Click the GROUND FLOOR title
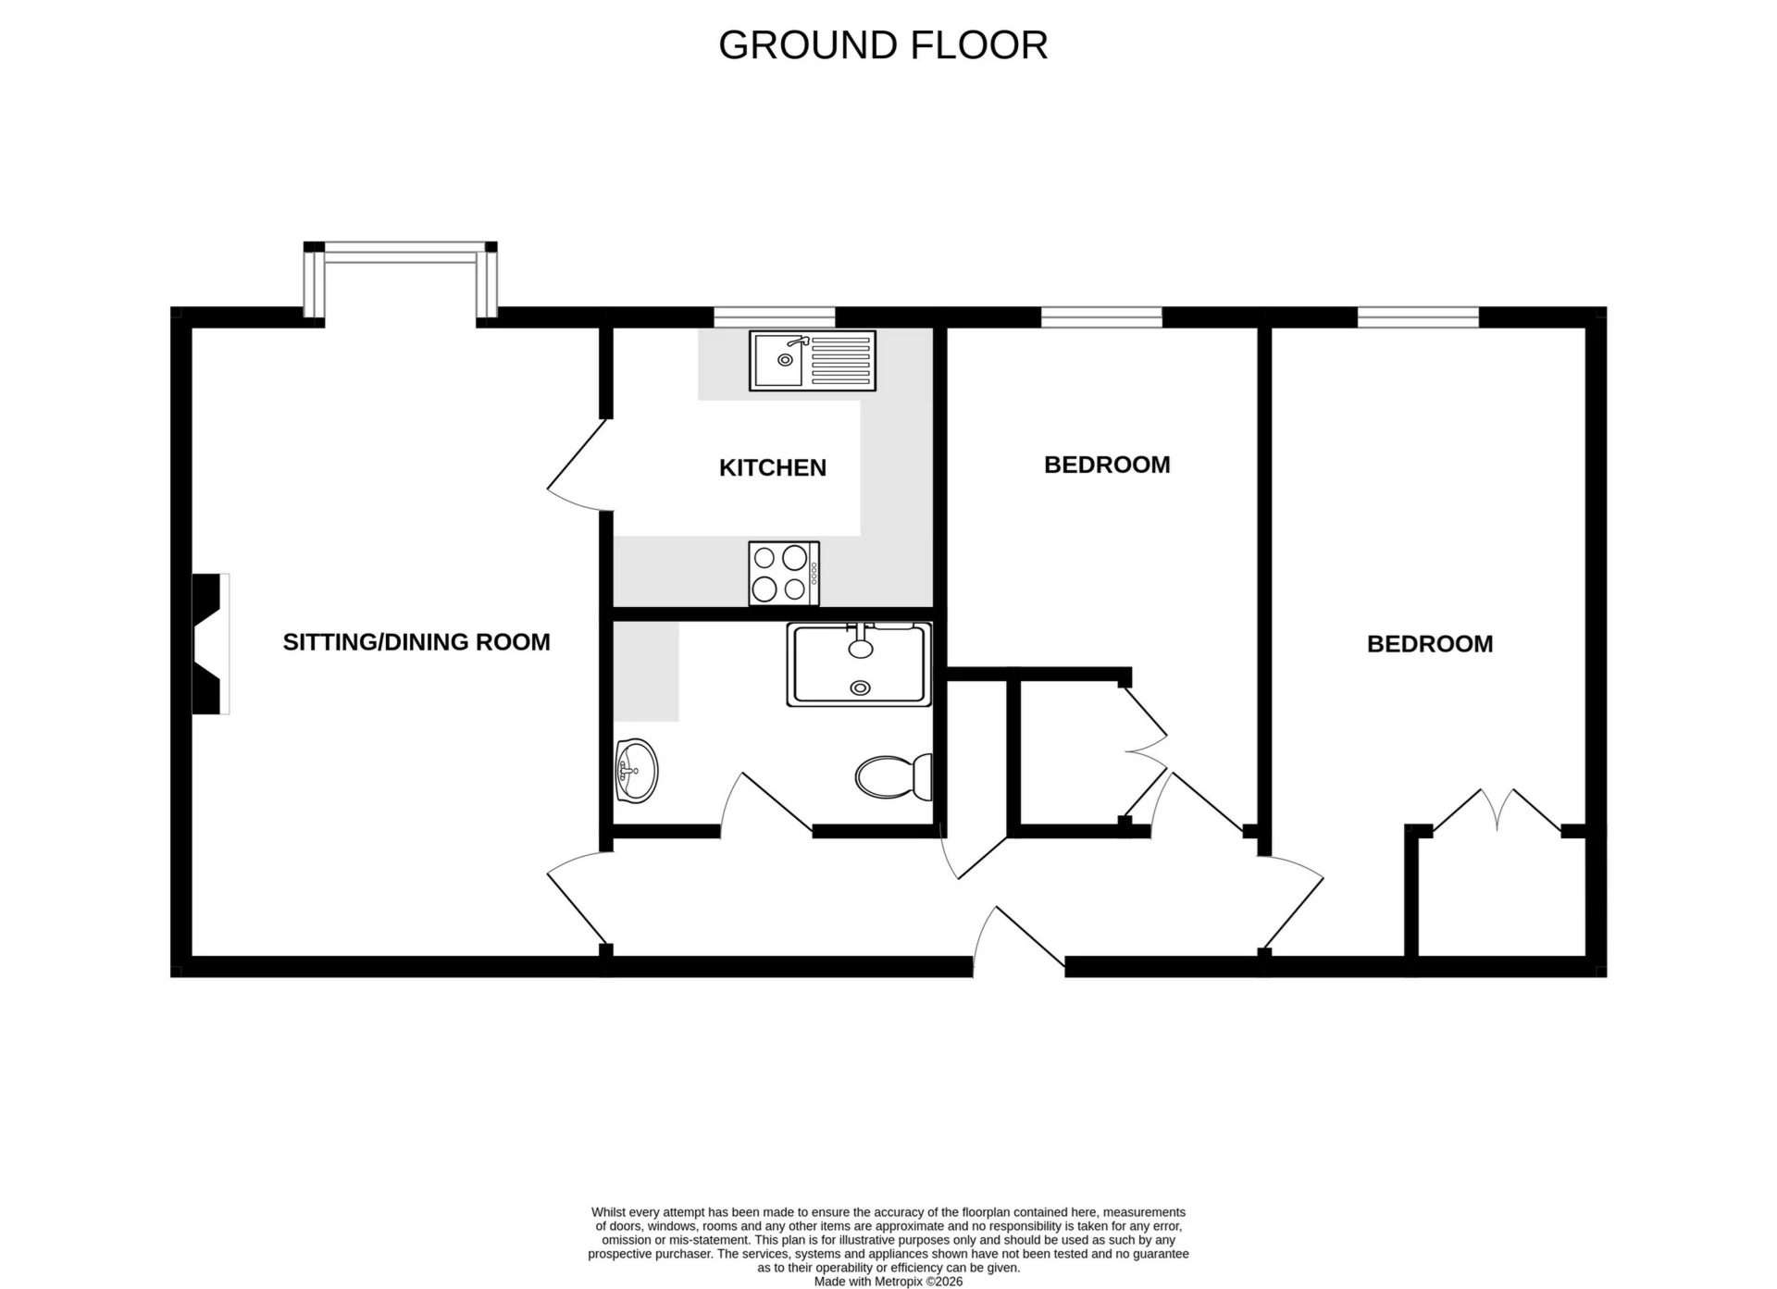coord(882,45)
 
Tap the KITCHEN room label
coord(772,467)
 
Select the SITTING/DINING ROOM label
coord(416,641)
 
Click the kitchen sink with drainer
coord(812,361)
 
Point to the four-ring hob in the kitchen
coord(783,573)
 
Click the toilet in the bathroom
coord(893,776)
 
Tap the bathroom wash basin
coord(636,770)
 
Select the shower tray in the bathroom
coord(859,664)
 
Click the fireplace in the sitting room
coord(209,643)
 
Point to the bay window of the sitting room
coord(401,254)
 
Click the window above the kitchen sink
coord(774,317)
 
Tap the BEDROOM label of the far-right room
coord(1429,643)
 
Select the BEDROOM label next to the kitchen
coord(1106,464)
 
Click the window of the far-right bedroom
coord(1417,317)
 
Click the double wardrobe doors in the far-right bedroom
coord(1497,811)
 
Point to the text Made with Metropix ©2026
coord(888,1282)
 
